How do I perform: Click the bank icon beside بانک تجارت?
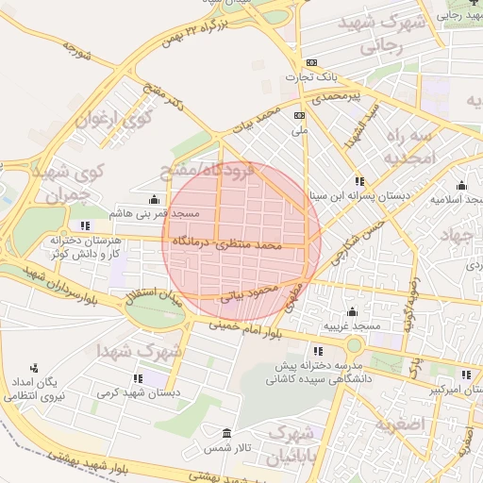300,62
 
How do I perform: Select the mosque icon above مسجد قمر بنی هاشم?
154,199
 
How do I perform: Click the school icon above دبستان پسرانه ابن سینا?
359,180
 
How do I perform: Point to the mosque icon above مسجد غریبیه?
353,311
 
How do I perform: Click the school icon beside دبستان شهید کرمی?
138,378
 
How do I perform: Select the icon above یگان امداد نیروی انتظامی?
34,368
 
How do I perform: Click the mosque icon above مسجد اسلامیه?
460,185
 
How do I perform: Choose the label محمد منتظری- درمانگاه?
227,243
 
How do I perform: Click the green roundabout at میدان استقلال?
156,310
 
